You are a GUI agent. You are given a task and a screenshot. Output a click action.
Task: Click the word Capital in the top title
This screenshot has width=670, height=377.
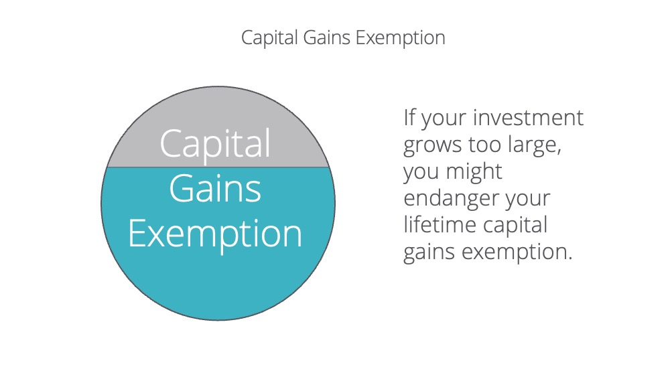pos(269,38)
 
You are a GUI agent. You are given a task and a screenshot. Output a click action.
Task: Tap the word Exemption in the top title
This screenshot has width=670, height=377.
pos(401,38)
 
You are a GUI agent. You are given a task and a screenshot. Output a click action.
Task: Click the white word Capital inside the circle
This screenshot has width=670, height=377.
pos(215,144)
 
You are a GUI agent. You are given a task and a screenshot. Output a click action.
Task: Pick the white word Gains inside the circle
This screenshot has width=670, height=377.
pos(215,188)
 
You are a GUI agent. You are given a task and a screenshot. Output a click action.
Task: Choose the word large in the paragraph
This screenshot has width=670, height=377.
pos(534,145)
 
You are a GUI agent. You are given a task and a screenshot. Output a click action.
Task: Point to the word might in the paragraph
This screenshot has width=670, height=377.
pos(474,171)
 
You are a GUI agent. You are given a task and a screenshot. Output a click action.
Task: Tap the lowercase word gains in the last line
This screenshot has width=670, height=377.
pos(429,252)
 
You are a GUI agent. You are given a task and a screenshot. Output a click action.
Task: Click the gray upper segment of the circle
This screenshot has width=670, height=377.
pos(218,110)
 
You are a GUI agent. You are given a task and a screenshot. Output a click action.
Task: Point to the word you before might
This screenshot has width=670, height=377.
pos(421,173)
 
